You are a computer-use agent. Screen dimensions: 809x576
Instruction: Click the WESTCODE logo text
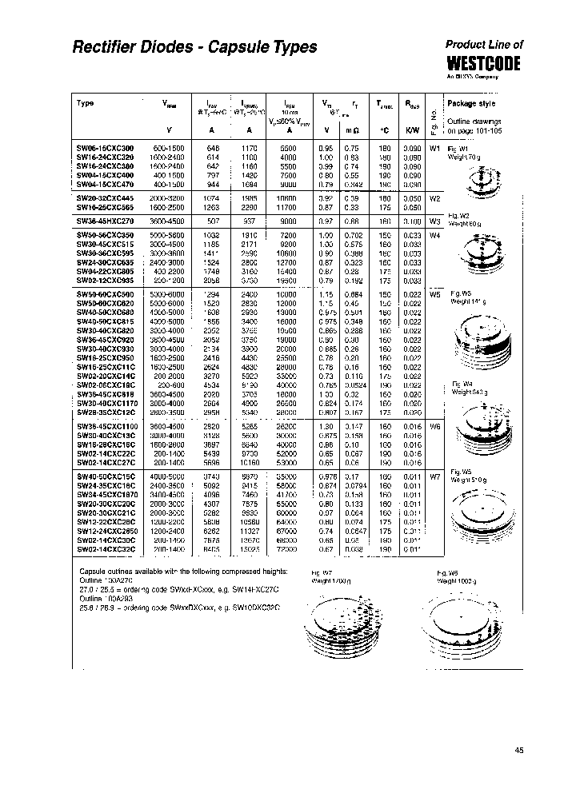[x=483, y=63]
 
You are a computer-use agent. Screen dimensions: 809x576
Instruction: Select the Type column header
[x=86, y=103]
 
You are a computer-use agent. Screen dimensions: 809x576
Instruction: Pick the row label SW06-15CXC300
[x=106, y=148]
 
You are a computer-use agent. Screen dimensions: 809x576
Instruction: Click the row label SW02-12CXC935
[x=106, y=281]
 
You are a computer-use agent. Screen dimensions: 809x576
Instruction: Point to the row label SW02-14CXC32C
[x=106, y=548]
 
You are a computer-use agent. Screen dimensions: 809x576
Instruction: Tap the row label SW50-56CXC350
[x=106, y=234]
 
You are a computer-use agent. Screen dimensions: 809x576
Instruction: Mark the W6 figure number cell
[x=435, y=427]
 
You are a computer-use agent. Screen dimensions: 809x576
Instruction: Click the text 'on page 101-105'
[x=475, y=130]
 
